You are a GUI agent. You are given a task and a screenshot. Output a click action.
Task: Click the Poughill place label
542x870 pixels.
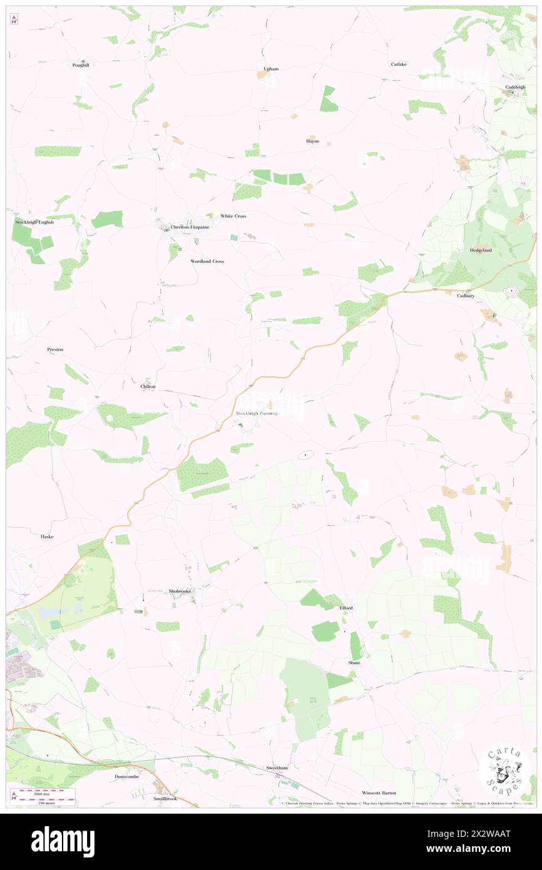click(81, 65)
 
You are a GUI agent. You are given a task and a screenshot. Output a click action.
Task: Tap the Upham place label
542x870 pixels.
click(271, 69)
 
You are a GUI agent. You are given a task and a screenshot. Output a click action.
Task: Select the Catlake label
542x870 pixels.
click(399, 64)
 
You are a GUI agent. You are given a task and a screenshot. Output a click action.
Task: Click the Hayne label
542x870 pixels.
click(313, 141)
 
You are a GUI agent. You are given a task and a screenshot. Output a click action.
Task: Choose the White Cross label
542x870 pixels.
click(233, 216)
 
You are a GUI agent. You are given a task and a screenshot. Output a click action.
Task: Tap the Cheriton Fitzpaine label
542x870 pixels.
click(190, 227)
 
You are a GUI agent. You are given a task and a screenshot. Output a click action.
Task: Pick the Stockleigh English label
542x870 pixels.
click(35, 222)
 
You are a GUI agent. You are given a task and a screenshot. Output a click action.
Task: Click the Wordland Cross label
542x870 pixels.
click(207, 261)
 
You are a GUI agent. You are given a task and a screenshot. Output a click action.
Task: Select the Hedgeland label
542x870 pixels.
click(481, 250)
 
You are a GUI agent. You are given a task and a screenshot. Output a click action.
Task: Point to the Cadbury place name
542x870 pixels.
click(465, 296)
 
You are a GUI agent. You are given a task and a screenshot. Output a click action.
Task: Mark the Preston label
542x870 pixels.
click(55, 349)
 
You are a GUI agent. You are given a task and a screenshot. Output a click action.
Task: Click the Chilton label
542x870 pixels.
click(148, 387)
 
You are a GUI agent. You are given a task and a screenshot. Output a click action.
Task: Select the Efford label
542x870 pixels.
click(346, 608)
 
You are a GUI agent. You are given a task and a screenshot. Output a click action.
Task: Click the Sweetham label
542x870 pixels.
click(277, 767)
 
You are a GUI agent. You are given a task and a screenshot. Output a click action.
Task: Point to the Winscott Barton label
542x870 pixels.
click(379, 793)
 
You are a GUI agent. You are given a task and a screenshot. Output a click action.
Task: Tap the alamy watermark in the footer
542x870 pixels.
click(63, 841)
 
